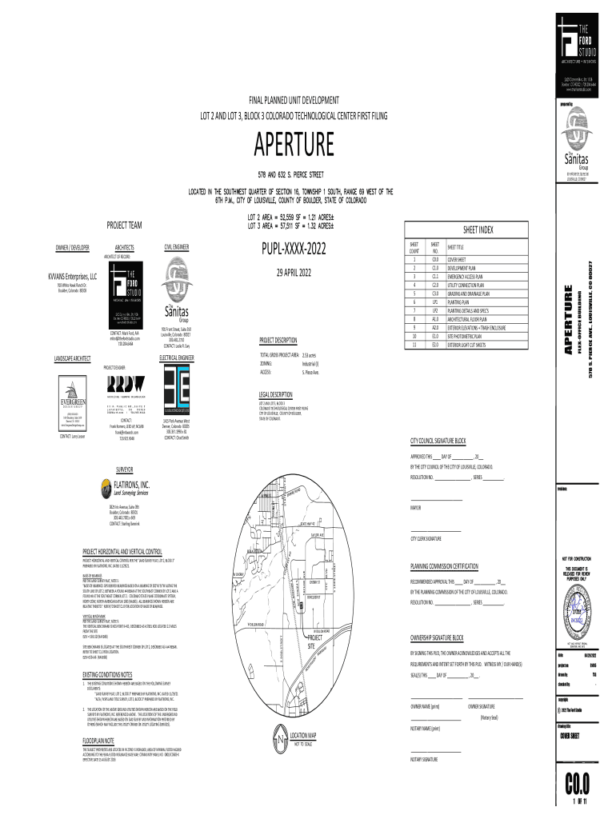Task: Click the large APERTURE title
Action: coord(294,146)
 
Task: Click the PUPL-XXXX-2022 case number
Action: coord(294,246)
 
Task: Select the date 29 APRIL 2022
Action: coord(294,273)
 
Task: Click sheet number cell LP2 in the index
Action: coord(435,310)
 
